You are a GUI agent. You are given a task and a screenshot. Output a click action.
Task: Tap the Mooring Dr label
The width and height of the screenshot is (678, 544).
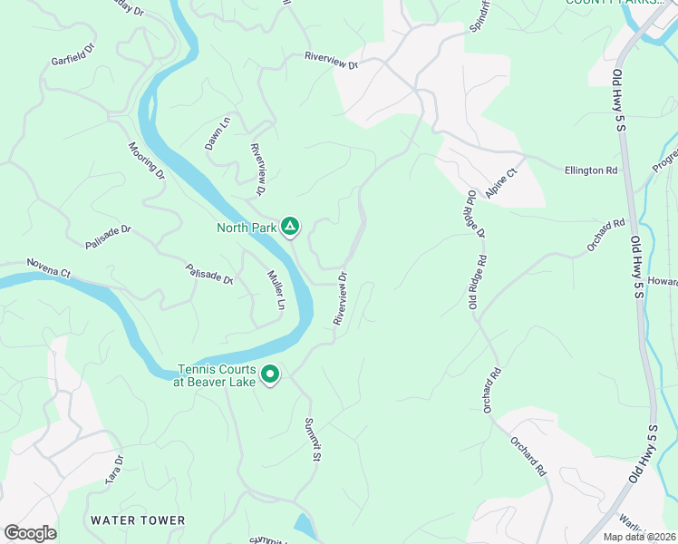coord(146,160)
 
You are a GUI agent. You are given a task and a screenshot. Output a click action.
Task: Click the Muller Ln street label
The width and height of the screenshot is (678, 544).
coord(276,290)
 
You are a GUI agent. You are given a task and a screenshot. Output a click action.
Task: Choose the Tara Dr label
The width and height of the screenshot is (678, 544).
coord(113,471)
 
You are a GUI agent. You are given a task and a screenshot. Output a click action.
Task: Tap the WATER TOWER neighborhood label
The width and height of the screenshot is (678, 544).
coord(138,520)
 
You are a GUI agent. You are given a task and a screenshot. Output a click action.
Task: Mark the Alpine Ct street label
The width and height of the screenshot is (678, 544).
coord(500,182)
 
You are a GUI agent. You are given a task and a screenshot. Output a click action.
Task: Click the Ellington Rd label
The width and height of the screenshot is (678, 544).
coord(590,170)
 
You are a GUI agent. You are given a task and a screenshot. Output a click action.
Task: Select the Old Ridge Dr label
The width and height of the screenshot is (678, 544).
coord(476,214)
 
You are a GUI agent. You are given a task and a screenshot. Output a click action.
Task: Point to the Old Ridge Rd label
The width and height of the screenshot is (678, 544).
coord(479,282)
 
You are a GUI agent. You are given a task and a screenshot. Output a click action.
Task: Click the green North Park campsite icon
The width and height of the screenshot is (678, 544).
coord(290,227)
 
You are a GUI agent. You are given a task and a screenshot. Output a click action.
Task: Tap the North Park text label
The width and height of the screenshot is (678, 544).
coord(245,228)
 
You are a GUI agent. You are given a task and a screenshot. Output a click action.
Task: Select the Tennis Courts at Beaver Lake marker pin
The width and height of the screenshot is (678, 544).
coord(270,374)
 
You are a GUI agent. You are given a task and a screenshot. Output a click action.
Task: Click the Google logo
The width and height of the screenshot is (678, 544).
coord(30,533)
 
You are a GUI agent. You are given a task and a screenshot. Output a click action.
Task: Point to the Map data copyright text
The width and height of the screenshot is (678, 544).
coord(640,537)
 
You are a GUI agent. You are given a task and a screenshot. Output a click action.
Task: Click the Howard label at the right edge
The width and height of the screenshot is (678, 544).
coord(662,282)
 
